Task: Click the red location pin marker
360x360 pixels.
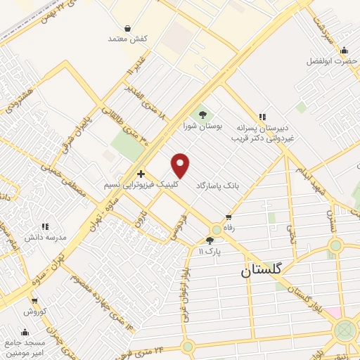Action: (x=181, y=165)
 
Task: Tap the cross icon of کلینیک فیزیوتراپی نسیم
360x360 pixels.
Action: (x=141, y=173)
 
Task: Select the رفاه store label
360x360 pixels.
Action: (x=229, y=229)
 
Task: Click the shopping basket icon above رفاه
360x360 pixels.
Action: (x=229, y=217)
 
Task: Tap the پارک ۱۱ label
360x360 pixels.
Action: (x=209, y=251)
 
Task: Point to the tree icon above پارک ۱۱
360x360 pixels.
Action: (x=209, y=240)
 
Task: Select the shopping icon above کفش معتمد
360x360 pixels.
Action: (x=127, y=28)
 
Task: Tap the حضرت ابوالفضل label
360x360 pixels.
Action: (x=332, y=61)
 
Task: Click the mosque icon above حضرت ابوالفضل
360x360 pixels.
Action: (x=344, y=50)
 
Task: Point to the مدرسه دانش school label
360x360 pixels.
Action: (x=46, y=238)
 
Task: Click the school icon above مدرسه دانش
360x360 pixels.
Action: (x=45, y=226)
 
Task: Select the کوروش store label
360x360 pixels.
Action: (x=34, y=311)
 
